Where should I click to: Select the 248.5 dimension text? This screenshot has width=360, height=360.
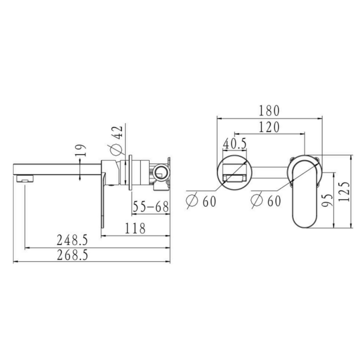(72, 241)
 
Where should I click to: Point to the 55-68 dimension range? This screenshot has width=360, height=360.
(150, 207)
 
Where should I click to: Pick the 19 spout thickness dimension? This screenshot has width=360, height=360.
(81, 150)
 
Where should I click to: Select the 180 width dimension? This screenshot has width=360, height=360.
(269, 110)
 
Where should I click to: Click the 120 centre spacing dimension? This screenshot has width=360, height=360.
(269, 127)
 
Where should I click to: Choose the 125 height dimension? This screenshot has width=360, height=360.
(346, 191)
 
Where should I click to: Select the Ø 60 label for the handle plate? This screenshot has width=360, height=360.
(266, 201)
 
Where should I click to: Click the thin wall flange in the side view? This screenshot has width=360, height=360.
(130, 172)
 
